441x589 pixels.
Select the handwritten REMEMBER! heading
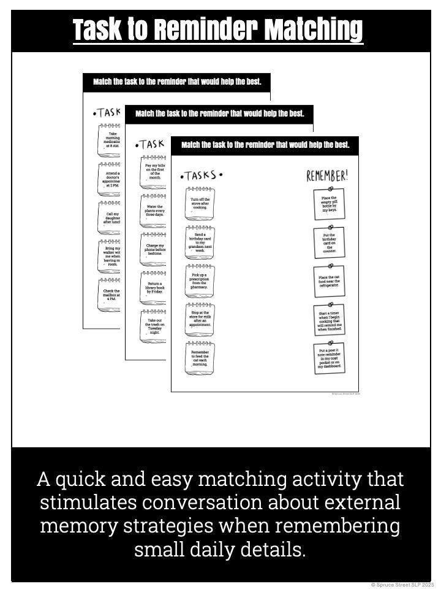pos(327,175)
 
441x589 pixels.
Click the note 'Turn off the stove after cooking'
pos(200,203)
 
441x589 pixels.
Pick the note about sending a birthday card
pos(200,242)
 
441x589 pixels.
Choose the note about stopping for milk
pos(200,320)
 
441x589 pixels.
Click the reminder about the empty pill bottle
pos(329,204)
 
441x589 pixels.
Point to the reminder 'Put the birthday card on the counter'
pos(329,243)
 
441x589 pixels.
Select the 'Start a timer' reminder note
pos(329,321)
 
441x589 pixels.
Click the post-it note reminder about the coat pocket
pos(329,360)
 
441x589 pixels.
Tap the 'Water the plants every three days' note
pos(154,210)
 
